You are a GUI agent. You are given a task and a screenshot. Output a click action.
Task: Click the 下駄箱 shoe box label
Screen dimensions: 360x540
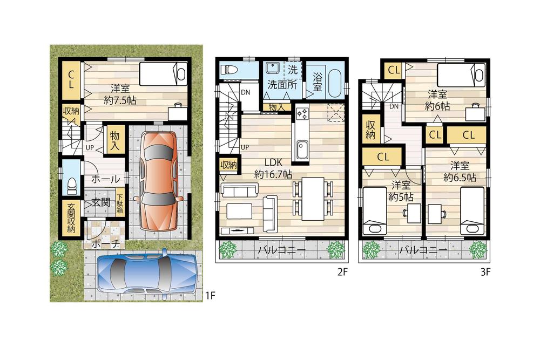(x=120, y=203)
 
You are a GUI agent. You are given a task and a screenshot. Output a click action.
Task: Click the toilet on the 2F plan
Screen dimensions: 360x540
(x=230, y=70)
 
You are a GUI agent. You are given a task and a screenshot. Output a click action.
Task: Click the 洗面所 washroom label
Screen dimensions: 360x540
(x=282, y=84)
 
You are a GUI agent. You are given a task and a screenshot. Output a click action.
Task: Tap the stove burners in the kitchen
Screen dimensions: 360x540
(x=301, y=114)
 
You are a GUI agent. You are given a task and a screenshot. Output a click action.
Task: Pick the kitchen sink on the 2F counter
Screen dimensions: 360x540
(x=301, y=147)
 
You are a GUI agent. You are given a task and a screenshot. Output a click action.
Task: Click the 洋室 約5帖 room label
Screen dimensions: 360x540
(x=402, y=191)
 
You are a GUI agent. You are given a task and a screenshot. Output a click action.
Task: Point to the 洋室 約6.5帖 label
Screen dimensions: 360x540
(x=460, y=171)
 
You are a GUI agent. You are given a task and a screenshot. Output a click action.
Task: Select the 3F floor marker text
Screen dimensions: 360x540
(x=485, y=273)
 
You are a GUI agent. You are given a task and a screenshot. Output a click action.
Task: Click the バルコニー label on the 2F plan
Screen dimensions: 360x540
(x=281, y=250)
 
